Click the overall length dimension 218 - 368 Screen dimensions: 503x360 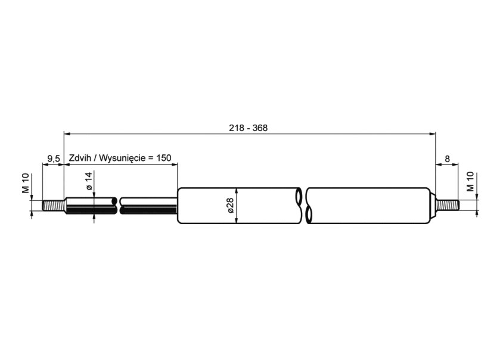[x=248, y=128]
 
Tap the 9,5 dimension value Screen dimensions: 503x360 [x=54, y=159]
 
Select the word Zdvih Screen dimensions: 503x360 [x=79, y=158]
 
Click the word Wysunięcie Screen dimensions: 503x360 [x=123, y=158]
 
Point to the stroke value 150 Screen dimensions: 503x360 [x=164, y=158]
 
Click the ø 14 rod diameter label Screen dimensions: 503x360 [x=89, y=181]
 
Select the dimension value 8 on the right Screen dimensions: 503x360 [x=447, y=159]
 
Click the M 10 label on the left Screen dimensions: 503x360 [x=26, y=183]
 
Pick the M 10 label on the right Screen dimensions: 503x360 [x=470, y=182]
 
